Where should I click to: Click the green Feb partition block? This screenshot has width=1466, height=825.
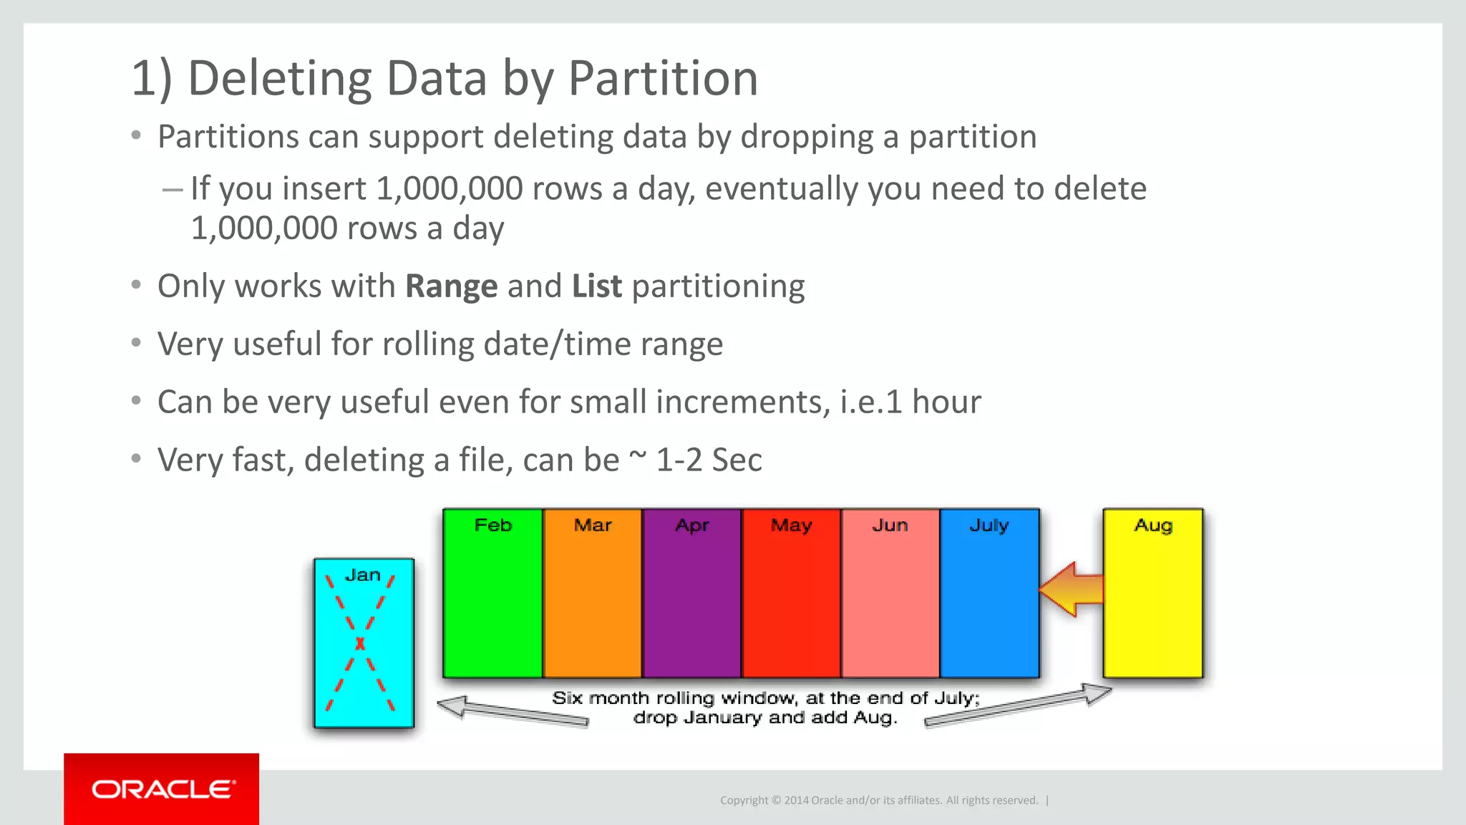[492, 602]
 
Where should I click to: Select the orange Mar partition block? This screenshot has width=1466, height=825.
[592, 602]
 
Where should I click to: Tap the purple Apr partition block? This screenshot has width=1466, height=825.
[691, 602]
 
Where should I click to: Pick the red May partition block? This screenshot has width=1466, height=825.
[791, 602]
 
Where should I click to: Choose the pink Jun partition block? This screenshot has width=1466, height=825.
[890, 602]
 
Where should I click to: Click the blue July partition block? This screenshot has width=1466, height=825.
[989, 602]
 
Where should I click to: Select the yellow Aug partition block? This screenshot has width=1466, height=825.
[1152, 602]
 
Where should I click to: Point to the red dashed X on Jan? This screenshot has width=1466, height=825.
[361, 643]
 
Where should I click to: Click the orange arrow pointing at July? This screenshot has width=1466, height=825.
[1072, 589]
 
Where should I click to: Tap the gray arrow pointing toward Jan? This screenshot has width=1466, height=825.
[512, 712]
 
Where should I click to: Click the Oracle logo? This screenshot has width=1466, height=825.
[162, 789]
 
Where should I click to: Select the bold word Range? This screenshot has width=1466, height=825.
[451, 286]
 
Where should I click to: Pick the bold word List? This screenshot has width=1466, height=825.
[596, 286]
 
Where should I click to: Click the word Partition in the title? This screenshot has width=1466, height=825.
[662, 78]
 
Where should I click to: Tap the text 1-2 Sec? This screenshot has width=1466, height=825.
[709, 460]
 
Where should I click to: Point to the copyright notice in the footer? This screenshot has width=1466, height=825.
[878, 800]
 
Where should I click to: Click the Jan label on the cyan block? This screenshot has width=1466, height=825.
[362, 575]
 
